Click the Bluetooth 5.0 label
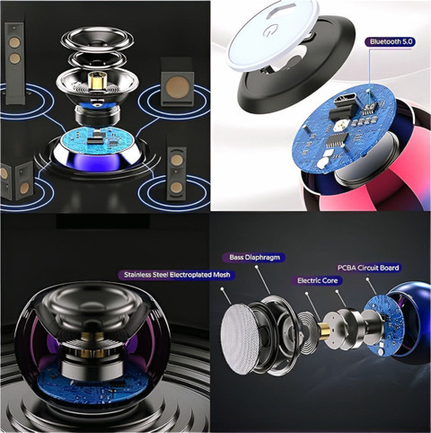click(390, 42)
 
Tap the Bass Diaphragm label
click(254, 257)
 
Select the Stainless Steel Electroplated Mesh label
click(177, 275)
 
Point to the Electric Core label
click(317, 280)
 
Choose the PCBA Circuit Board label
click(368, 268)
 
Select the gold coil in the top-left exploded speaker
click(96, 81)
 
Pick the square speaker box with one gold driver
click(177, 83)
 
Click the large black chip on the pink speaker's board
click(336, 139)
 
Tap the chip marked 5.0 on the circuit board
click(370, 108)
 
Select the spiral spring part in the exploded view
click(309, 331)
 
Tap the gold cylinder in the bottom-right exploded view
click(324, 331)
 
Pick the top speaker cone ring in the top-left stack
click(98, 39)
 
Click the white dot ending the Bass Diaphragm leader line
click(256, 266)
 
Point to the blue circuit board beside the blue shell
click(383, 325)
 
